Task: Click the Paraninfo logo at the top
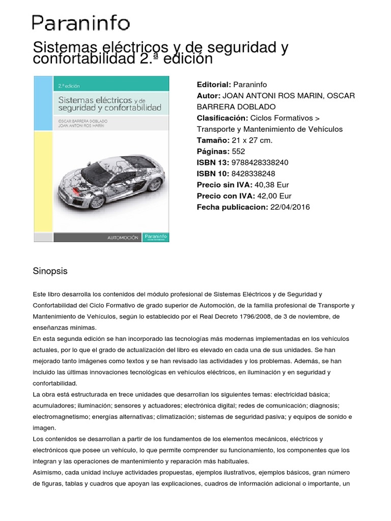click(81, 23)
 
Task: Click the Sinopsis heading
click(50, 271)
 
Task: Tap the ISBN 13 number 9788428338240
click(260, 162)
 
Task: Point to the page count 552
click(238, 151)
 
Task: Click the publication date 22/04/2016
click(290, 207)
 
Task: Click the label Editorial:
click(214, 84)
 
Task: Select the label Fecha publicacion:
click(232, 207)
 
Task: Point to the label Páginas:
click(213, 151)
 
